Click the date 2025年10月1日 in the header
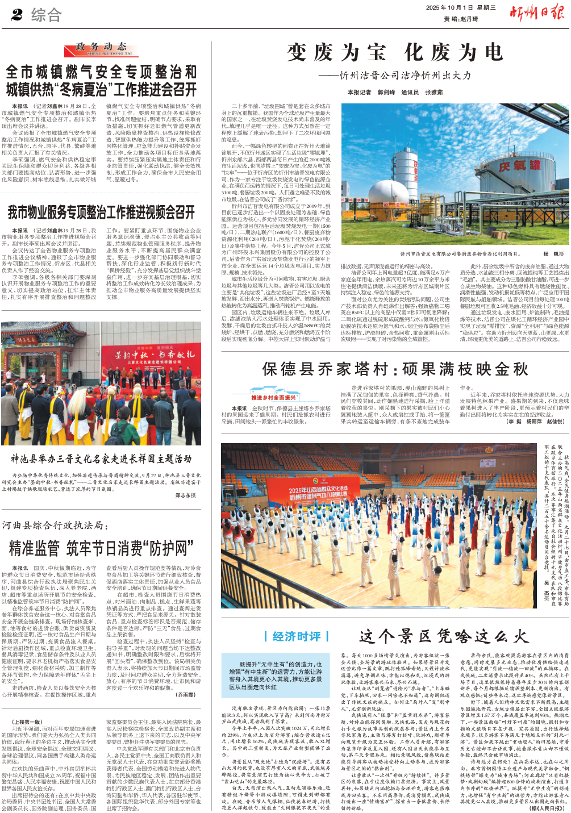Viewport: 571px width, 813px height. pos(449,8)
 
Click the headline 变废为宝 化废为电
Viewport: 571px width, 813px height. pos(395,53)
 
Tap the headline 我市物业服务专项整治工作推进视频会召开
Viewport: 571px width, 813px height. pos(101,212)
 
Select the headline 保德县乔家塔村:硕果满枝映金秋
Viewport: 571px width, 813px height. pos(395,369)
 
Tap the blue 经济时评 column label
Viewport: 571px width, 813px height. pos(297,636)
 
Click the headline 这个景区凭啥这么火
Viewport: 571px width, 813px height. pos(444,636)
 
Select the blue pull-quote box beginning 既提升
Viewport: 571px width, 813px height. pos(276,675)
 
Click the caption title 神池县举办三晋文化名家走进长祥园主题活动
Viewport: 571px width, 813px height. pos(101,458)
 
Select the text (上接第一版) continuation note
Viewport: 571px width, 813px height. pos(27,722)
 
